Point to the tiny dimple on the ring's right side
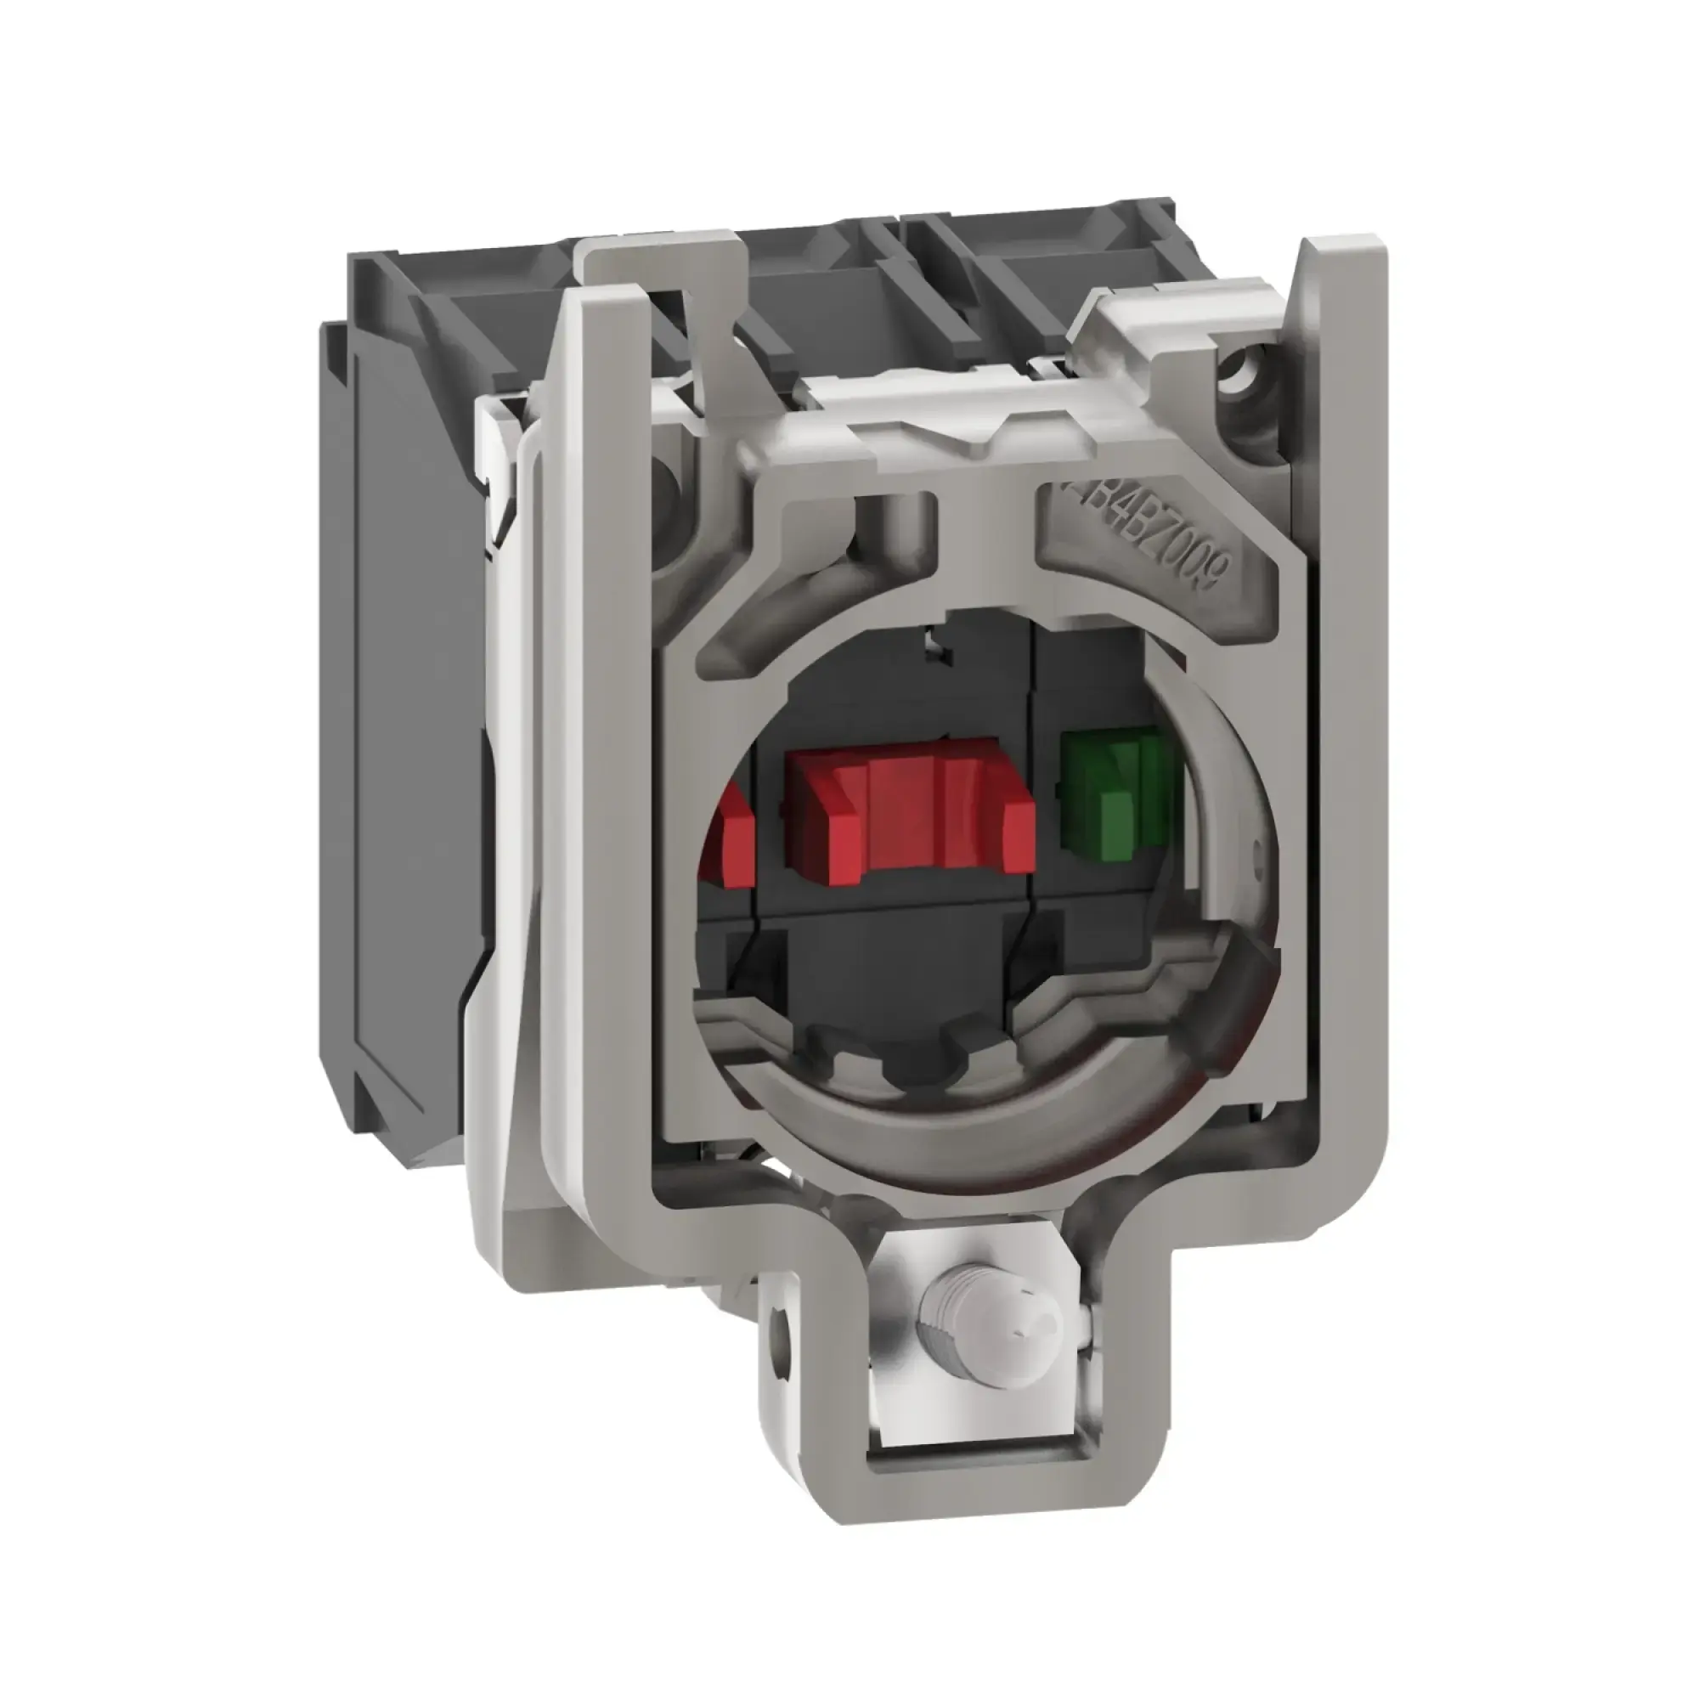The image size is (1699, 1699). tap(1255, 850)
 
